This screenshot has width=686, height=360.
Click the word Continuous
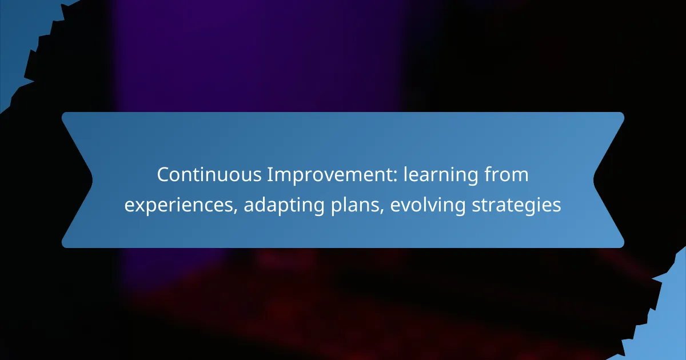pyautogui.click(x=209, y=174)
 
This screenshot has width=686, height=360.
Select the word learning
pyautogui.click(x=440, y=175)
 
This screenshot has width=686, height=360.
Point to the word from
pyautogui.click(x=506, y=174)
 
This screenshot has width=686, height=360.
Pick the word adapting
pyautogui.click(x=284, y=205)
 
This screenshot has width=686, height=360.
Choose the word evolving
pyautogui.click(x=428, y=205)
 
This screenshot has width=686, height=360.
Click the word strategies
pyautogui.click(x=517, y=205)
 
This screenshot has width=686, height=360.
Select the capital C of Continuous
pyautogui.click(x=163, y=175)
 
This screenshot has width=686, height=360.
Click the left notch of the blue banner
pyautogui.click(x=92, y=180)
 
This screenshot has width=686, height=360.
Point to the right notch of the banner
pyautogui.click(x=594, y=180)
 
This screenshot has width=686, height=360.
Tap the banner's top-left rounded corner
pyautogui.click(x=63, y=114)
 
